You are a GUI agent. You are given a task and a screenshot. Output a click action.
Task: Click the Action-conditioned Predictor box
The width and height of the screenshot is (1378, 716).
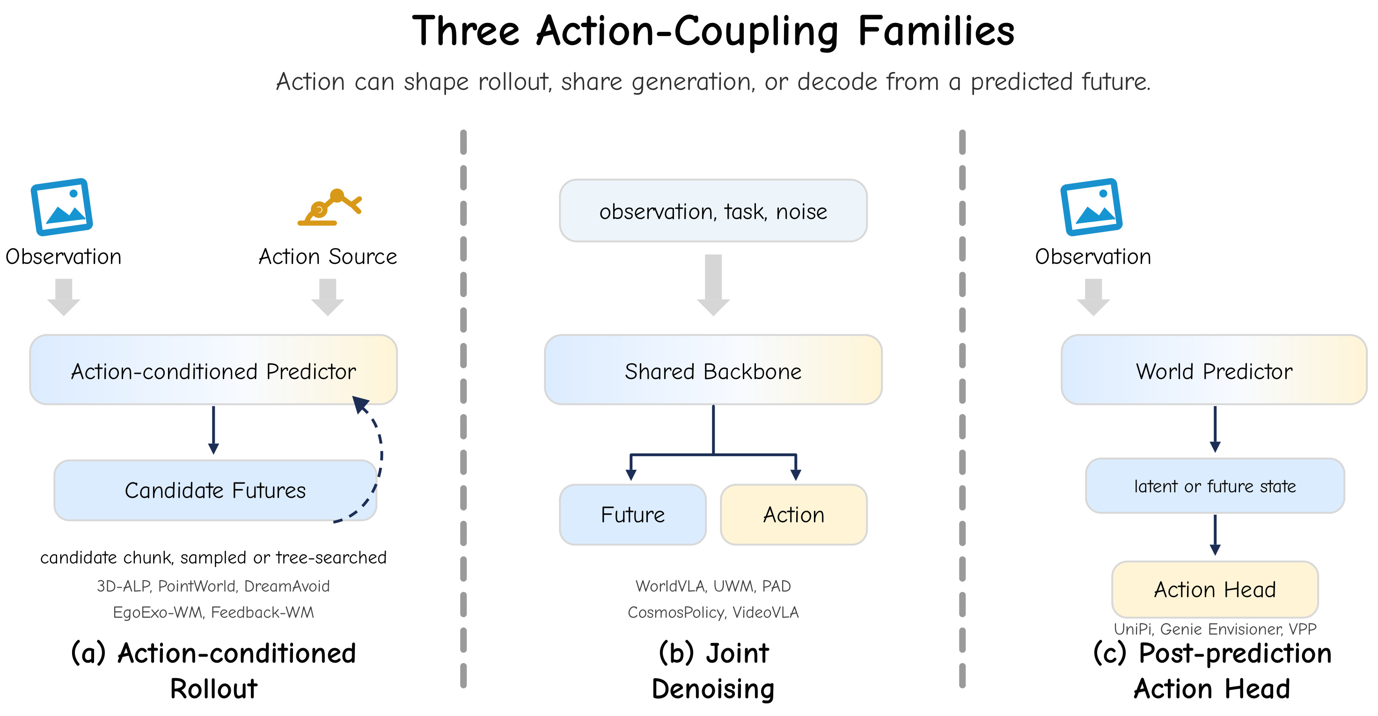(x=213, y=370)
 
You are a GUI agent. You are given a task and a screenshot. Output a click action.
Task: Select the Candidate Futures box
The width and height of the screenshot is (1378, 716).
(x=215, y=490)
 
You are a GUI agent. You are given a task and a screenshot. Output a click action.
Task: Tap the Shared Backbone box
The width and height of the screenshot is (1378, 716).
(x=713, y=370)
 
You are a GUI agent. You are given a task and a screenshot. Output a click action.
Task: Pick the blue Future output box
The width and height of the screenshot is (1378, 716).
(x=632, y=514)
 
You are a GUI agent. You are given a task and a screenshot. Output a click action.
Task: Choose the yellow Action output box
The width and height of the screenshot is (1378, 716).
(x=794, y=514)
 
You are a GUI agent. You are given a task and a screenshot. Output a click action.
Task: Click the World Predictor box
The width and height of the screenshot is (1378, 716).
(x=1214, y=370)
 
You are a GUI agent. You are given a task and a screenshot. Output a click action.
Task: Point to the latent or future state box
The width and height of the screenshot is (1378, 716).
(x=1215, y=486)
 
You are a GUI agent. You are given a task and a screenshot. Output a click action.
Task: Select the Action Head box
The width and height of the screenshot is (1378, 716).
(x=1215, y=589)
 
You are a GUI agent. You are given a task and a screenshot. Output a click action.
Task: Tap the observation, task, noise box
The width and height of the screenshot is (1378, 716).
(x=713, y=211)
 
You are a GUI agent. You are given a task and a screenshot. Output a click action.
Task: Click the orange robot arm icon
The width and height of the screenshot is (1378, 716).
(x=330, y=207)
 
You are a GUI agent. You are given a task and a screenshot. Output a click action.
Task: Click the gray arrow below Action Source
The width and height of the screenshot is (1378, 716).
(x=327, y=297)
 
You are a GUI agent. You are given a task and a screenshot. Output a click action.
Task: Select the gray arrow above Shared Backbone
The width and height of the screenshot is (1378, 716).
(x=713, y=285)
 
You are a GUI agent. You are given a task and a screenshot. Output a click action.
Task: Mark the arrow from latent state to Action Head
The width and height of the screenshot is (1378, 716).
(x=1215, y=535)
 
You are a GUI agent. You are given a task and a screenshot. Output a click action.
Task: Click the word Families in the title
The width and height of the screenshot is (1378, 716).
(x=936, y=31)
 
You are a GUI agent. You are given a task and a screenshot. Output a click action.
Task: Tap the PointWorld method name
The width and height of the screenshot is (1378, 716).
(x=198, y=586)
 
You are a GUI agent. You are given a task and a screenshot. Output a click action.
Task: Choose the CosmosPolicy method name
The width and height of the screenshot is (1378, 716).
(x=675, y=612)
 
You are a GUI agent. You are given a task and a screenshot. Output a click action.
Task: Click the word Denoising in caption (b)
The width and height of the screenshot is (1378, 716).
(x=713, y=689)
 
